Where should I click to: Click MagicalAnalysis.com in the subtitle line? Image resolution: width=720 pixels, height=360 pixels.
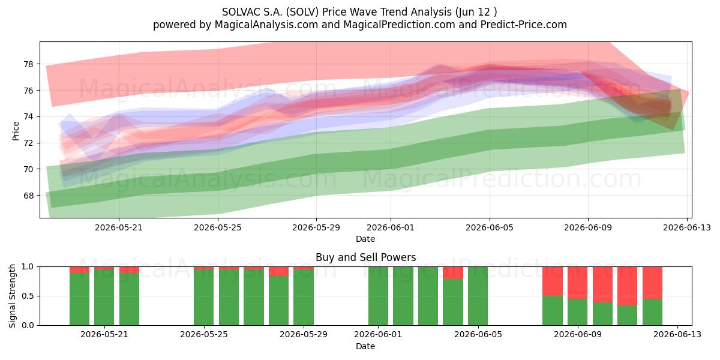point(266,25)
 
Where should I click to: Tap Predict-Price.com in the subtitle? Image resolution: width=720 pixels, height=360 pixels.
point(524,25)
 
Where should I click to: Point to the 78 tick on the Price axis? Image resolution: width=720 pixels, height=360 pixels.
point(28,64)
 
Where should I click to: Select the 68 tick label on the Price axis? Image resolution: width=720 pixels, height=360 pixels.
point(28,196)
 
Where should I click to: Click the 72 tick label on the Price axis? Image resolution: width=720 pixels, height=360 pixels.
point(28,143)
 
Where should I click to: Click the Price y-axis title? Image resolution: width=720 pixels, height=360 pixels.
point(16,131)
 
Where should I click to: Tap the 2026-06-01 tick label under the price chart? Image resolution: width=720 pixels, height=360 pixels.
point(391,227)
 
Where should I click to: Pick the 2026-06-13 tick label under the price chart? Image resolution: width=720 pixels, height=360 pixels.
point(687,227)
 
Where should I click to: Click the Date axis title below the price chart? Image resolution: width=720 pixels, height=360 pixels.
point(365,239)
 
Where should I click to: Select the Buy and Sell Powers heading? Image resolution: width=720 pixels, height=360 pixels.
point(365,257)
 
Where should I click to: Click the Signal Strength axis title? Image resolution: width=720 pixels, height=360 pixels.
point(12,296)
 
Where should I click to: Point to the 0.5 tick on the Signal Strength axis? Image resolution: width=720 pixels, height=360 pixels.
point(28,296)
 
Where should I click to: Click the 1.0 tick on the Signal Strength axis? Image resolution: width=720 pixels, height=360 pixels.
point(28,267)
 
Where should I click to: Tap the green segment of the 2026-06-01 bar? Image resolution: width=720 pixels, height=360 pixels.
point(378,296)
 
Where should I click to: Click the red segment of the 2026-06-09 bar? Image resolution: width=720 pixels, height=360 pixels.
point(577,283)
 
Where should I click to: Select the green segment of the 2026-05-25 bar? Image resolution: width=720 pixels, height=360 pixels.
point(203,298)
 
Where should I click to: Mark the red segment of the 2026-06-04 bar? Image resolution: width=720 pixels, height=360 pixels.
point(453,273)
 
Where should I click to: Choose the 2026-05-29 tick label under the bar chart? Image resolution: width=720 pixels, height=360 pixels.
point(304,335)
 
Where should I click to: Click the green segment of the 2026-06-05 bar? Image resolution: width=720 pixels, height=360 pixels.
point(478,296)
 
